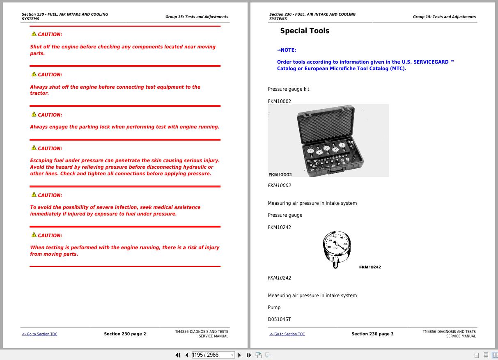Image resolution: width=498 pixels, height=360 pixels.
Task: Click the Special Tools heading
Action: (305, 31)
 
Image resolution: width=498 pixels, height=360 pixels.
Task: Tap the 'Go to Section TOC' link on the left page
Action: (40, 334)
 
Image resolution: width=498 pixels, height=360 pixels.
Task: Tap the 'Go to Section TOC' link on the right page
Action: (287, 334)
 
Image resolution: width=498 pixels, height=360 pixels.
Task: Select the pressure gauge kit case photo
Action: (328, 141)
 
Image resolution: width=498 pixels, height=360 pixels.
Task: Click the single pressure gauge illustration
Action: (337, 249)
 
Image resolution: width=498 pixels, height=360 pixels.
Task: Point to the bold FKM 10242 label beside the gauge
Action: (370, 267)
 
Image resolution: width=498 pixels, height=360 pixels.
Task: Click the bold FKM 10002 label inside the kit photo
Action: (280, 175)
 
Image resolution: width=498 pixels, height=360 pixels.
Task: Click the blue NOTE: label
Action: (287, 50)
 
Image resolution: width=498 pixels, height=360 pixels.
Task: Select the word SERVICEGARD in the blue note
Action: (431, 62)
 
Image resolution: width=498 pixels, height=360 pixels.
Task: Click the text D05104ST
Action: (280, 319)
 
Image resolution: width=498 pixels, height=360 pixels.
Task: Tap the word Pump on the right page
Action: (274, 307)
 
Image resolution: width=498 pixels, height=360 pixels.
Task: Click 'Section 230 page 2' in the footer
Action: (125, 334)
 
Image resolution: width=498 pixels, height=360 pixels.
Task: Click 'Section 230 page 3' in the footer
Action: (372, 334)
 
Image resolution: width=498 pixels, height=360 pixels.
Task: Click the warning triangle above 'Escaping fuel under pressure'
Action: (34, 148)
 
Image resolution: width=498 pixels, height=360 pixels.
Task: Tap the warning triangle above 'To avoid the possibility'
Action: (34, 195)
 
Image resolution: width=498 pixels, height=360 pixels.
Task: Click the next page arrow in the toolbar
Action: (240, 355)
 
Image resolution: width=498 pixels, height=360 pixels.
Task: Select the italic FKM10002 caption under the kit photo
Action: (279, 186)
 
